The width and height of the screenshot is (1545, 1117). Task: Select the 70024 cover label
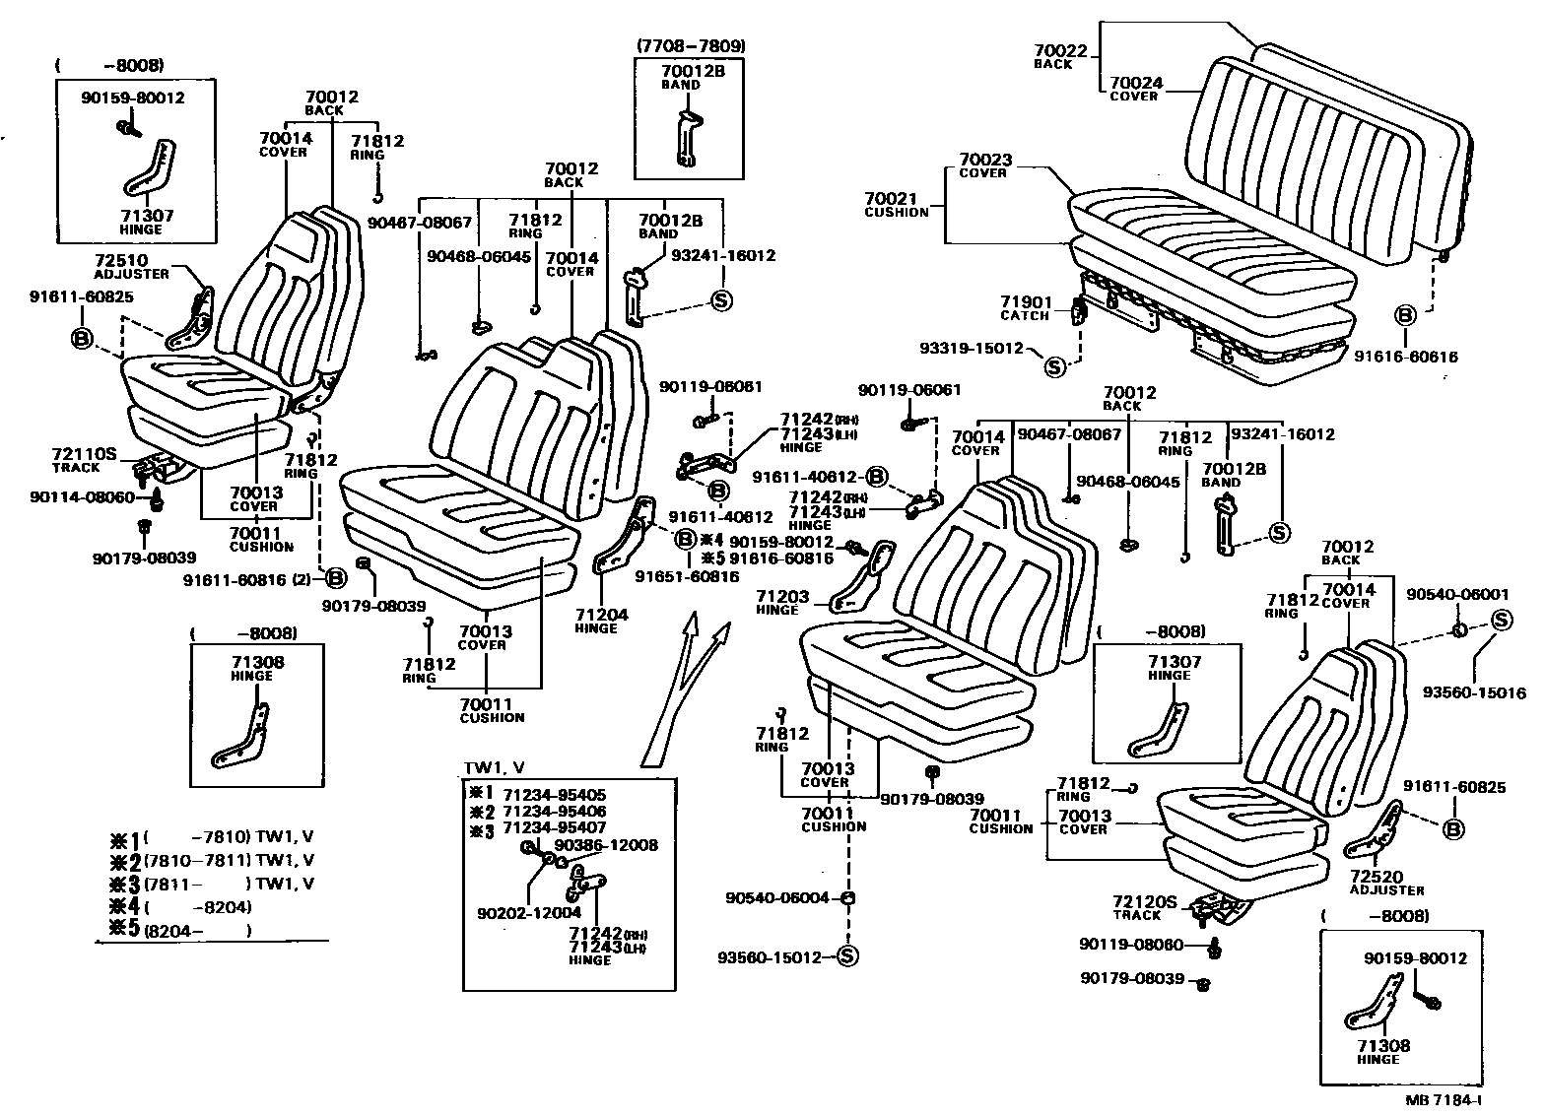click(x=1134, y=83)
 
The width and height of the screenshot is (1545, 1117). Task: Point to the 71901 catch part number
click(x=1027, y=302)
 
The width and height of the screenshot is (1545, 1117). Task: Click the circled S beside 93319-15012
click(x=1054, y=367)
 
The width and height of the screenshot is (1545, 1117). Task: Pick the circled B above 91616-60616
click(x=1405, y=315)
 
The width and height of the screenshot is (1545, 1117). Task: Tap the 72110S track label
click(x=83, y=454)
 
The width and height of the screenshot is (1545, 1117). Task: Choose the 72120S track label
click(x=1144, y=901)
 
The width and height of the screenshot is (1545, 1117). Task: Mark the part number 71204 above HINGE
click(x=602, y=615)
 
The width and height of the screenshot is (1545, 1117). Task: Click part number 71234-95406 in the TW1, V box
click(x=554, y=811)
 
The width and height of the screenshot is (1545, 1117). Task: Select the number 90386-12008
click(x=606, y=845)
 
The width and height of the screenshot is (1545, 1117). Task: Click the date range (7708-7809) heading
click(x=690, y=45)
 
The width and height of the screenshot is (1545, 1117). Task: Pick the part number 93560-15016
click(x=1473, y=692)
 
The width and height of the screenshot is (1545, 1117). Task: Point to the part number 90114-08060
click(x=83, y=497)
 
